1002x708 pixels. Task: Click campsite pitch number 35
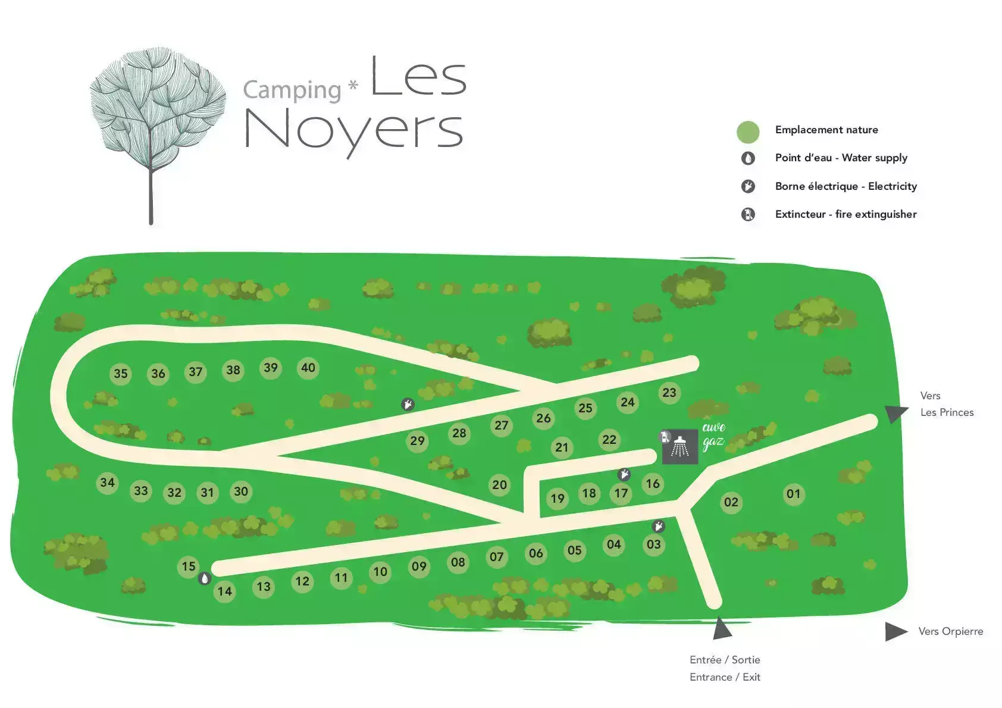click(121, 374)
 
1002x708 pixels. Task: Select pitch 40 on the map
click(308, 368)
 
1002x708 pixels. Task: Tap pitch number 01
click(794, 494)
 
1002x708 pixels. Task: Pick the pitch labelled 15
click(189, 566)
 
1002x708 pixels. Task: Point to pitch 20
click(500, 485)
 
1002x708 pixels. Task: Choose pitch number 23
click(669, 393)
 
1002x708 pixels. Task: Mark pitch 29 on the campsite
click(417, 441)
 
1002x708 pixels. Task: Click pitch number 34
click(107, 483)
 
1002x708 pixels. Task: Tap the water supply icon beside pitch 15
click(205, 579)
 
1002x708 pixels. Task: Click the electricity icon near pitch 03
click(659, 527)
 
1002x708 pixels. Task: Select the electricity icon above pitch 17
click(624, 474)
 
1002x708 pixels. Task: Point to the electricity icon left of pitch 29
click(408, 405)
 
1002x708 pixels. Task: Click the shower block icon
click(680, 446)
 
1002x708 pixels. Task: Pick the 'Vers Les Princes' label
click(947, 404)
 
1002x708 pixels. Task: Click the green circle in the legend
click(748, 132)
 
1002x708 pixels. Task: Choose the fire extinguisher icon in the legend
click(748, 214)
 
